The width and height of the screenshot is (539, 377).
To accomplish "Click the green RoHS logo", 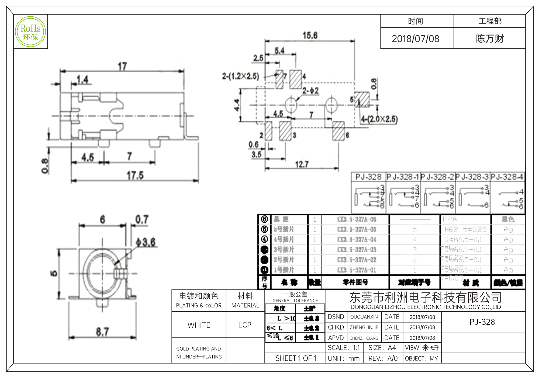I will pos(30,32).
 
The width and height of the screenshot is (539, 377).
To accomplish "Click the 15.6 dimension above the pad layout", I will pos(310,35).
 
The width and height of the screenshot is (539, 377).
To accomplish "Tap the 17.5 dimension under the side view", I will pos(135,176).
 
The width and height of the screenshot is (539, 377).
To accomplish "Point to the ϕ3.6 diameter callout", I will pos(146,242).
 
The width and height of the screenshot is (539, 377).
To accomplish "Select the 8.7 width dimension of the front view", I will pos(102,331).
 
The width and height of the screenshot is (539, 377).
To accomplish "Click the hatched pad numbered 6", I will pos(338,131).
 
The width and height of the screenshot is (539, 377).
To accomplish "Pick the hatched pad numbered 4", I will pos(295,79).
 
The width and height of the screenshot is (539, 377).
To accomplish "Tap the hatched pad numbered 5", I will pos(362,99).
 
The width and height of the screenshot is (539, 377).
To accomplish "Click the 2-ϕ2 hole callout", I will pos(310,91).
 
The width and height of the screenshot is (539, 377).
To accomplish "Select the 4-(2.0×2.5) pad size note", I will pos(379,119).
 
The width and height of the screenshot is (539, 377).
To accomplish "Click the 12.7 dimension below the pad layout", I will pos(302,164).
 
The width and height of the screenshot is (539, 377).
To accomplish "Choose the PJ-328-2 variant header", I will pos(438,177).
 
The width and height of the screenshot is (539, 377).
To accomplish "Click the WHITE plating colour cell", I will pos(199,325).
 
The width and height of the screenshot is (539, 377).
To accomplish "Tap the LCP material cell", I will pos(245,325).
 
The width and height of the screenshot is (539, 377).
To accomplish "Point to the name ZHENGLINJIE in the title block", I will pos(364,327).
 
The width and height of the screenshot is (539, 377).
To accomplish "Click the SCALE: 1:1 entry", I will pos(344,348).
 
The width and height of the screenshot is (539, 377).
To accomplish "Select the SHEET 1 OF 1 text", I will pos(296,358).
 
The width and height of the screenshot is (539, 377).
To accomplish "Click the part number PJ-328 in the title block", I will pos(482,322).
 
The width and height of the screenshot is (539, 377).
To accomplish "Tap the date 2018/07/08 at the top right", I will pos(415,39).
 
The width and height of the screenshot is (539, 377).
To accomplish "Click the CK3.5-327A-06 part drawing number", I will pos(357,219).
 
